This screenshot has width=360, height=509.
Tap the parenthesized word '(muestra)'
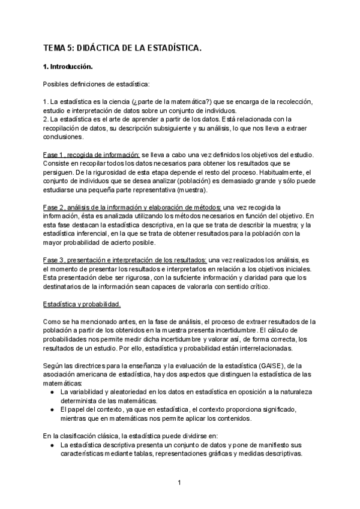point(191,190)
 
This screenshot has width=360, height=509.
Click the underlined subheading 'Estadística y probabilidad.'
point(82,304)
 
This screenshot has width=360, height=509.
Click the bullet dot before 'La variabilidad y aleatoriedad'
point(54,391)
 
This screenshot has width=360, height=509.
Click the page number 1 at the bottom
point(179,482)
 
